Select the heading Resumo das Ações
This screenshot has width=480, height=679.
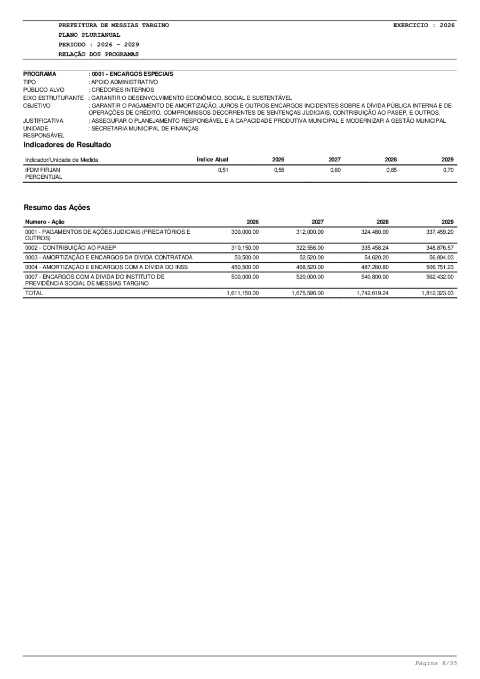57,207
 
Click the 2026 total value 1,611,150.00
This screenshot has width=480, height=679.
244,293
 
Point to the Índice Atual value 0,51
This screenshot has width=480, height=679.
222,170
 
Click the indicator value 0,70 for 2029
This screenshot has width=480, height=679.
448,170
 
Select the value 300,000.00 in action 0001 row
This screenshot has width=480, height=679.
245,232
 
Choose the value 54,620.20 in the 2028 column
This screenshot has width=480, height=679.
375,257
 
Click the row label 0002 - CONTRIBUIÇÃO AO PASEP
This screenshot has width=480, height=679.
70,248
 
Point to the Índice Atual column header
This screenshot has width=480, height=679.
212,159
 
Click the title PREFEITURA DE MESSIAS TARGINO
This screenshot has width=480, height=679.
114,25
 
